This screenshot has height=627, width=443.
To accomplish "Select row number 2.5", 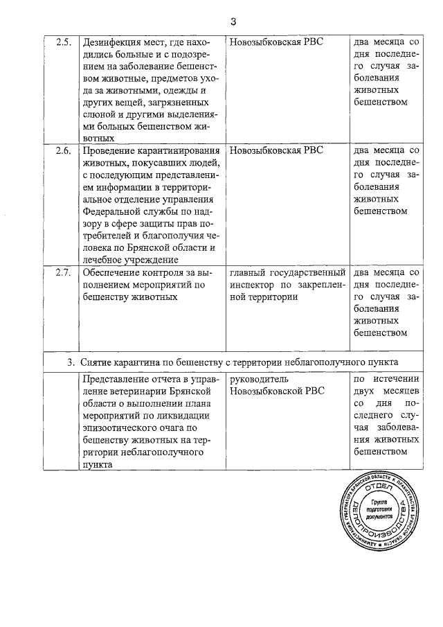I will pos(63,41).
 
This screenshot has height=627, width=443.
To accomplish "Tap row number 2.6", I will pos(63,150).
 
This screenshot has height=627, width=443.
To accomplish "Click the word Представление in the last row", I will pos(117,380).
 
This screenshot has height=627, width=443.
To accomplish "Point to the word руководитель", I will pos(258,380).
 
